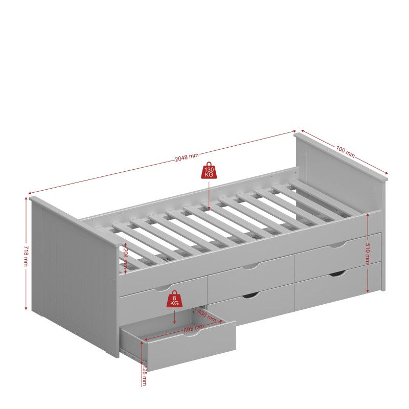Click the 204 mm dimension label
point(124,256)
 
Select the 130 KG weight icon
point(209,171)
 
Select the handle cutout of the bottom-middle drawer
point(251,296)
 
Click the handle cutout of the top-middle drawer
point(251,266)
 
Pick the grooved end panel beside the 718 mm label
point(72,276)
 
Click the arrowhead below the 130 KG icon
point(209,207)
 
